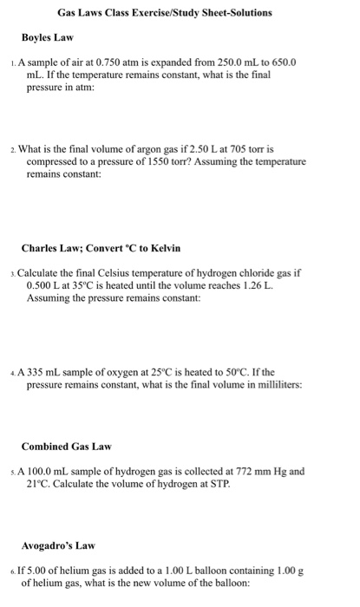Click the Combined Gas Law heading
pos(67,447)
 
